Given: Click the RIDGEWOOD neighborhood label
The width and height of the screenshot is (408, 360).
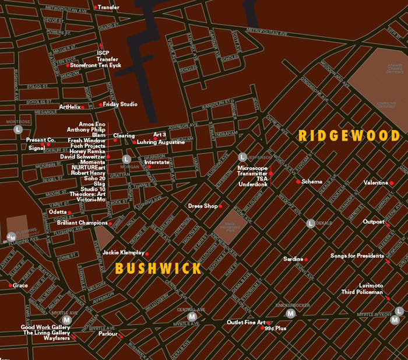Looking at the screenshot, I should (x=349, y=136).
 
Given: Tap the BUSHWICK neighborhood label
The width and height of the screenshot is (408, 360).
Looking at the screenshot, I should (x=158, y=268).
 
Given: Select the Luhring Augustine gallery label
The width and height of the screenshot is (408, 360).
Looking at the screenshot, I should (x=161, y=142).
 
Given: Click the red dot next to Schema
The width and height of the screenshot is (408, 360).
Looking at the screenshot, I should (x=298, y=181).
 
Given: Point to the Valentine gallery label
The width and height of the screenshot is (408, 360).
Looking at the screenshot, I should (x=375, y=183).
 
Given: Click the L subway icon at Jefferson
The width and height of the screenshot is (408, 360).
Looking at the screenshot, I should (x=242, y=157).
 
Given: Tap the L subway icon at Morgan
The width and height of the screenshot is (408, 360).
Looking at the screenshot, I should (x=126, y=159).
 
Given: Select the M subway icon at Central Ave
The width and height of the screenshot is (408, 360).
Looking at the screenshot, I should (x=192, y=317).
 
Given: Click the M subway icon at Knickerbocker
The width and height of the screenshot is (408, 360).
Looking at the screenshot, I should (x=291, y=313).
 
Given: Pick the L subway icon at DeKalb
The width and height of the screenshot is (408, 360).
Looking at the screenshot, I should (x=311, y=223).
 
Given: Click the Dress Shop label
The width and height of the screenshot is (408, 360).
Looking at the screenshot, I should (x=202, y=206).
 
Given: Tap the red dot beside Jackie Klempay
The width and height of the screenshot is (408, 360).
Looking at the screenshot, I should (x=147, y=253).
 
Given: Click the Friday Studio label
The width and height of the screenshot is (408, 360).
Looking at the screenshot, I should (x=120, y=104).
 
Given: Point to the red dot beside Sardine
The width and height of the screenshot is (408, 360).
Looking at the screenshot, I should (x=305, y=259).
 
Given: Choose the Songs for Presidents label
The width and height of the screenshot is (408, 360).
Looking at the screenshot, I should (x=357, y=256).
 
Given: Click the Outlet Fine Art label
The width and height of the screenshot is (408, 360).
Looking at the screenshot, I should (x=246, y=322).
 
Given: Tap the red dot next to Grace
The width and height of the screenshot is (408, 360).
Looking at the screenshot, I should (x=10, y=286).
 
